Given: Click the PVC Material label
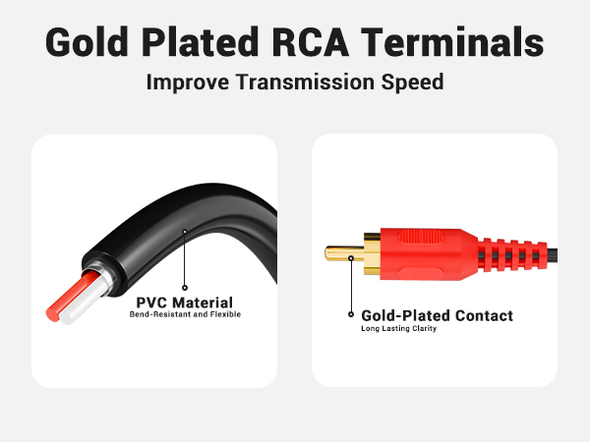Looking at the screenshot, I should [185, 303].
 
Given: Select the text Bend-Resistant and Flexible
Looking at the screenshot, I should [185, 315].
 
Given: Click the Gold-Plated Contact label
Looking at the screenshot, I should [437, 316].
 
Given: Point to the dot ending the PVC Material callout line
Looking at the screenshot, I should [184, 232].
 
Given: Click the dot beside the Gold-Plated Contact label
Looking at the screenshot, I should [351, 315].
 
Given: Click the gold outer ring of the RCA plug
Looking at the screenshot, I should [370, 253].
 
